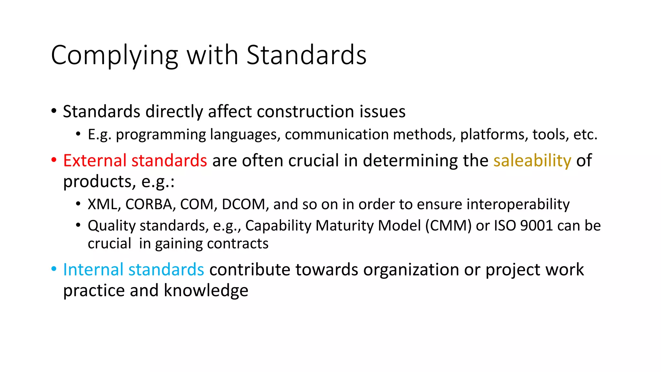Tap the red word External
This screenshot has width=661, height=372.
95,160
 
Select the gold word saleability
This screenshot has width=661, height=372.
532,160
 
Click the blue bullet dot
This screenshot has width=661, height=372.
54,269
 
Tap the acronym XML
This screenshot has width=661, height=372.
103,204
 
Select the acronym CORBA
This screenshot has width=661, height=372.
150,204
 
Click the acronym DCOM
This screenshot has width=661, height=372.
243,204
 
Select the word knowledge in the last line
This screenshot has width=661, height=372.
206,290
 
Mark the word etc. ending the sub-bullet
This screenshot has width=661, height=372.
585,134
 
